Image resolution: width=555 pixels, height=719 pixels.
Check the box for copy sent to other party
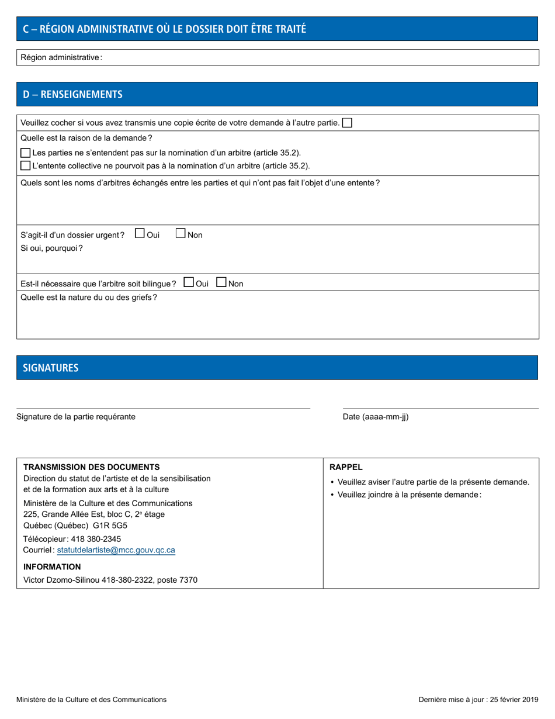tap(347, 123)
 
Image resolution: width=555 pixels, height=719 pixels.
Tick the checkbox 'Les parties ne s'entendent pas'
tap(25, 153)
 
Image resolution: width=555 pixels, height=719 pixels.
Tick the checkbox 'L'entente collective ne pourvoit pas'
tap(25, 165)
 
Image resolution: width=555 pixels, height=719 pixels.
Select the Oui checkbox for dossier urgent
tap(140, 233)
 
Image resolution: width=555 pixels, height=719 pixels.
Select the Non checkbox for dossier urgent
tap(181, 233)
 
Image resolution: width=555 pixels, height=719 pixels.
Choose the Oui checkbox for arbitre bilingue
tap(189, 282)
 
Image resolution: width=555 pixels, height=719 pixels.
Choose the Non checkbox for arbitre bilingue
tap(221, 282)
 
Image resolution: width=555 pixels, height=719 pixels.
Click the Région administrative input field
tap(318, 57)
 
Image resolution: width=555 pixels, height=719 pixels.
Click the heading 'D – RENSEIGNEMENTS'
tap(72, 94)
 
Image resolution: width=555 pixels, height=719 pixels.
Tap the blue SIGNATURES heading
tap(51, 368)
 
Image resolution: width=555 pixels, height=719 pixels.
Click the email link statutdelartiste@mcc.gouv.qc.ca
tap(116, 550)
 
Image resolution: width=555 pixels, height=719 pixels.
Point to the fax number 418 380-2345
tap(96, 538)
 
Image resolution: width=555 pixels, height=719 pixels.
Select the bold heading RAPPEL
tap(346, 467)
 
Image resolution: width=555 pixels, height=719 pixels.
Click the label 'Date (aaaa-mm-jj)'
tap(376, 417)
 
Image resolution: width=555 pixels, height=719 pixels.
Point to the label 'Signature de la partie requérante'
tap(76, 417)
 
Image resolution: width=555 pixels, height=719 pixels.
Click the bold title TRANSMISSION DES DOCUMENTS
tap(91, 467)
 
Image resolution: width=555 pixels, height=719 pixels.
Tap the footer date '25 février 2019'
tap(514, 699)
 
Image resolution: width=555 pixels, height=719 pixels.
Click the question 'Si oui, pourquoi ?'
tap(51, 248)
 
